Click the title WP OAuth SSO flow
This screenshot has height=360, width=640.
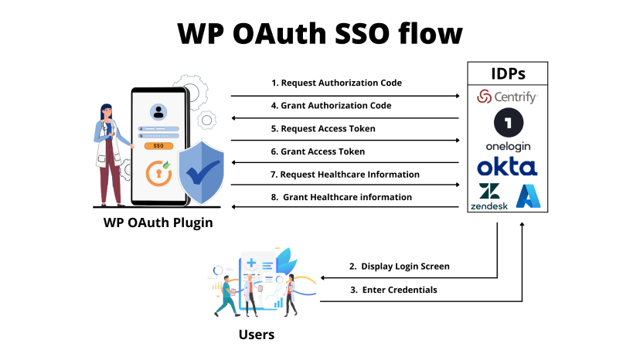click(320, 33)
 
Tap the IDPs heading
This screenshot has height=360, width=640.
click(508, 75)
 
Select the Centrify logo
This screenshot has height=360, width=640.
click(507, 97)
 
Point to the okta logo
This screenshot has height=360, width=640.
click(507, 166)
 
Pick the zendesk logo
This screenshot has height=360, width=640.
click(489, 198)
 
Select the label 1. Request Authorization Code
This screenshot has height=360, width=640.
click(336, 83)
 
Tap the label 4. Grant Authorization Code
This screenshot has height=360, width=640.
click(336, 105)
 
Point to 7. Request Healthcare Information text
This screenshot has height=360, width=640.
click(345, 175)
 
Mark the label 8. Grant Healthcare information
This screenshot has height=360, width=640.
click(342, 197)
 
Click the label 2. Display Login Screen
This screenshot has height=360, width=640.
click(399, 267)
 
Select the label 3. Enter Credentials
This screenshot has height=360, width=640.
click(393, 290)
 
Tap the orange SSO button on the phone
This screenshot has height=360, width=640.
click(158, 145)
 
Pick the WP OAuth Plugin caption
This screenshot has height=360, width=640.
click(158, 223)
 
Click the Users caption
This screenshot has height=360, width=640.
click(255, 335)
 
